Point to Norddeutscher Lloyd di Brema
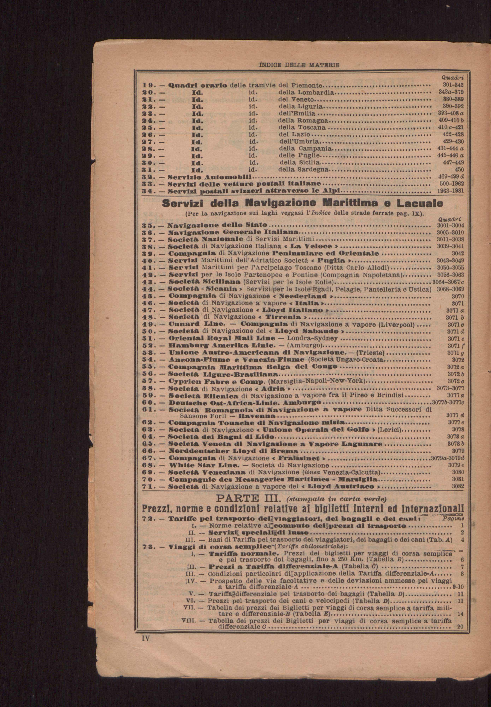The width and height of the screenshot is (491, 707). pyautogui.click(x=234, y=451)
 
